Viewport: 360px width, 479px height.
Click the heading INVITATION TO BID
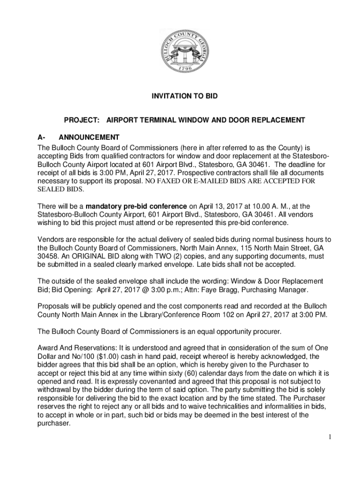[184, 96]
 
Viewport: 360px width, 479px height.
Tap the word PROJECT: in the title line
[81, 120]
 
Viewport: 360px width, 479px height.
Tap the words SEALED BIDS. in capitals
[54, 189]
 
